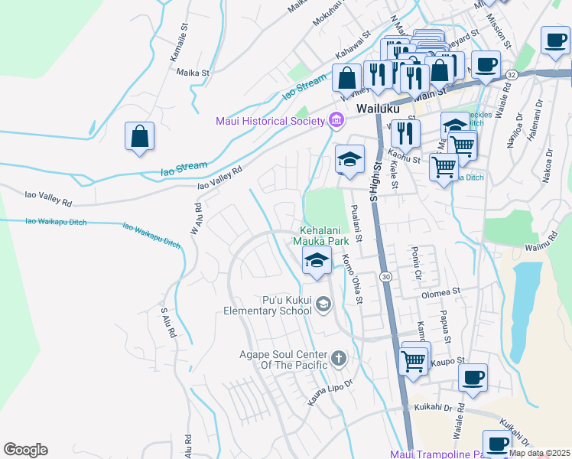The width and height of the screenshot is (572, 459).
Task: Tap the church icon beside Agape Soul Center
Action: [339, 357]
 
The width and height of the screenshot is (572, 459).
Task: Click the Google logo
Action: [25, 450]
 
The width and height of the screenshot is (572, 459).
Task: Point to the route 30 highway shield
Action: [387, 275]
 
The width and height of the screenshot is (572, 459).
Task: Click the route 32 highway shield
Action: [511, 74]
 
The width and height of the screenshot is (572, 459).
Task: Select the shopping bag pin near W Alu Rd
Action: [140, 137]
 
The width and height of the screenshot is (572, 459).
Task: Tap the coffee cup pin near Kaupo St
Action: [473, 377]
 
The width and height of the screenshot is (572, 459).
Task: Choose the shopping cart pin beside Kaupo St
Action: [414, 360]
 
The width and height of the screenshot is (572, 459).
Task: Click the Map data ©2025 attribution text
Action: [539, 453]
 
